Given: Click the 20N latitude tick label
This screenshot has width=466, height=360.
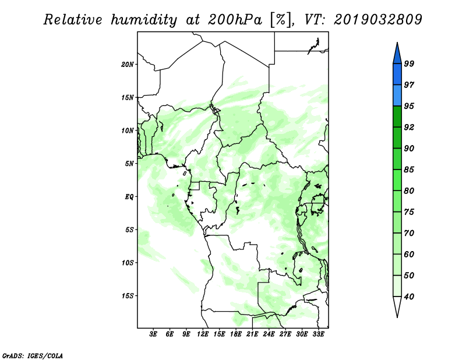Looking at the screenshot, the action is pos(127,65).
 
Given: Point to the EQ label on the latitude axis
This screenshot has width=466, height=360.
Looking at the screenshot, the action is pos(129,196).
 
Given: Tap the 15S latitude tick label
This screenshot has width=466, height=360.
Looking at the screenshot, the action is pos(127,296).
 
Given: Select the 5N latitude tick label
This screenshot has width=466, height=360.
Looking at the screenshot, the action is pos(129,164).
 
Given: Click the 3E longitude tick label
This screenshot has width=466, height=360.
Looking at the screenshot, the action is pos(153,334).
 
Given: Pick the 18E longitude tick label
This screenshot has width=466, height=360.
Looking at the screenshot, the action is pos(236,334).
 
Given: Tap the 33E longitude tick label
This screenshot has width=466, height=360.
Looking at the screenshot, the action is pos(318,334).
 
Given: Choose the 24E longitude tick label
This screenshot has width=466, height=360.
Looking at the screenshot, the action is pos(269,334).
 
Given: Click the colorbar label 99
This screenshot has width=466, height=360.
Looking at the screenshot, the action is pos(409,63).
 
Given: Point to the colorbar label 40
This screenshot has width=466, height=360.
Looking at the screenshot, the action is pos(409,297).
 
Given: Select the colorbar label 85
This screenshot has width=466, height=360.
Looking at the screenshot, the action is pos(409,170).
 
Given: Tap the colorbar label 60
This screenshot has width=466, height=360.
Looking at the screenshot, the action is pos(409,254).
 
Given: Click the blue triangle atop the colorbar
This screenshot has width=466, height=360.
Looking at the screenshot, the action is pos(397,55).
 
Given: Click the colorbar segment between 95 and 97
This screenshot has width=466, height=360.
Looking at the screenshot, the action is pos(397,96).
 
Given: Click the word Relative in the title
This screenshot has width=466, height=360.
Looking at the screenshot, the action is pos(73,20).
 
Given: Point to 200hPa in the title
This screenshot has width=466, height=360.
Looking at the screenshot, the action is pos(235,20).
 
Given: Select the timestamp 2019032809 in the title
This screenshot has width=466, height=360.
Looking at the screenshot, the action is pos(378,20).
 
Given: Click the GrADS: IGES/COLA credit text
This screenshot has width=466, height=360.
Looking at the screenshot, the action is pos(33,355).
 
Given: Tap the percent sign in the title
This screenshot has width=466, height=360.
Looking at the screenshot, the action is pos(280,20).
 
